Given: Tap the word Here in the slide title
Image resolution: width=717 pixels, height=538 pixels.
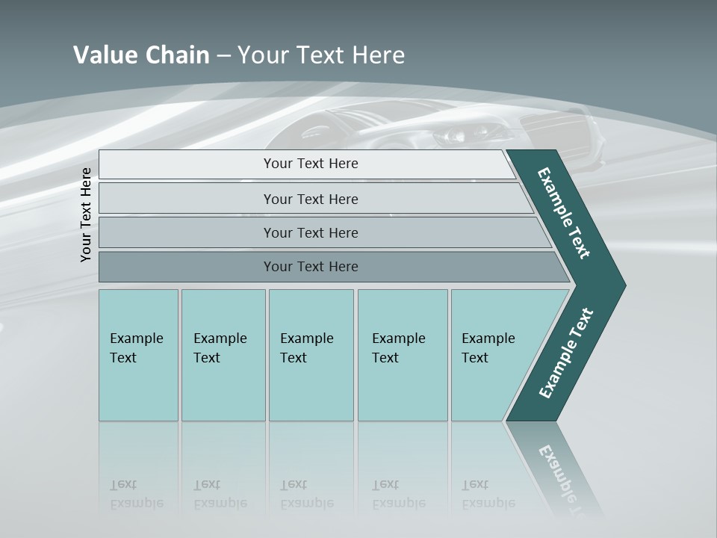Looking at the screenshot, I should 378,55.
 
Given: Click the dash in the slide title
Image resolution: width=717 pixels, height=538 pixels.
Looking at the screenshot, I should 223,55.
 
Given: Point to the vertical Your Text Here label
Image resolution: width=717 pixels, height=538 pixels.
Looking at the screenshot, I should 86,214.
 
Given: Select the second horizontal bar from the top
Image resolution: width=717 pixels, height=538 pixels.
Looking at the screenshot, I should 311,199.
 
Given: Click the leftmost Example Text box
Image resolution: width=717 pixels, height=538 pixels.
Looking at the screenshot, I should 138,355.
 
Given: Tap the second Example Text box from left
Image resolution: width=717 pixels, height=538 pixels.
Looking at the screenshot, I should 223,355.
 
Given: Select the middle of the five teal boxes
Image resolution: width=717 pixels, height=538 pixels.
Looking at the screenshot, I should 311,355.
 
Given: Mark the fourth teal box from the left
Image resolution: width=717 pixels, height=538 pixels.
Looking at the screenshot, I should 402,355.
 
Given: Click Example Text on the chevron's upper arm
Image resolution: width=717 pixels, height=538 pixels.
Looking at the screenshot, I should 564,213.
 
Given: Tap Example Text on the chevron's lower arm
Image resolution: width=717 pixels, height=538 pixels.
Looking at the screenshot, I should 565,353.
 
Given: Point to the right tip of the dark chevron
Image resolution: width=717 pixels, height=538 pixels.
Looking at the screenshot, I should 624,285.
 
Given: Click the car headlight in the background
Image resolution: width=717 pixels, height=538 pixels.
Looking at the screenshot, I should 453,135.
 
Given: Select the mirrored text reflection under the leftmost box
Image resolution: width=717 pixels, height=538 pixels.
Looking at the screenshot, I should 137,495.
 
